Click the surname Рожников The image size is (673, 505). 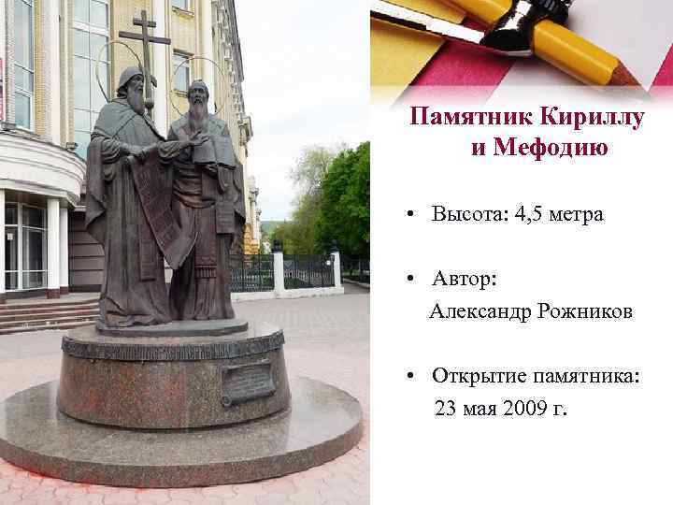tap(585, 311)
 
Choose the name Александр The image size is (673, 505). tap(480, 311)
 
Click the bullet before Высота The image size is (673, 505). tap(410, 215)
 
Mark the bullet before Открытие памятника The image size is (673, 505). tap(410, 377)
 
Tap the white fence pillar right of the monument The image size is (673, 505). tap(278, 271)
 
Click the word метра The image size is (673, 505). tap(579, 214)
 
